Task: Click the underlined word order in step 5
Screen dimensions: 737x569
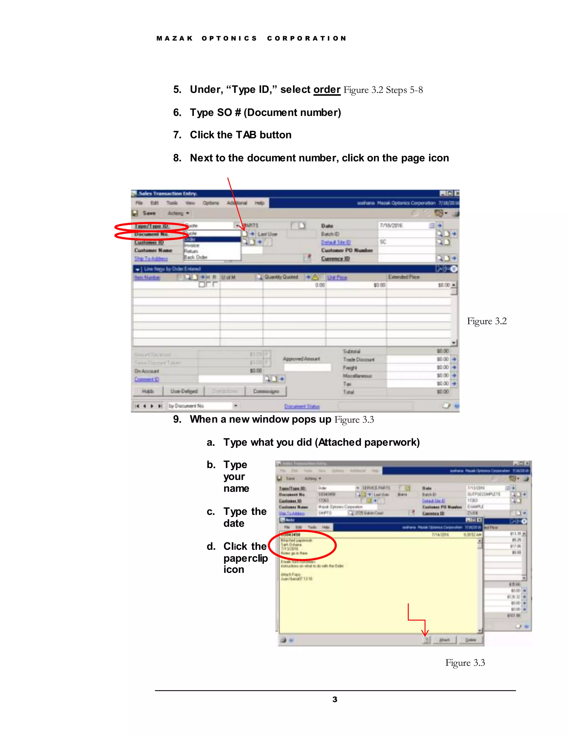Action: point(327,90)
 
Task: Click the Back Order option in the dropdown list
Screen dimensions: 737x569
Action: point(196,257)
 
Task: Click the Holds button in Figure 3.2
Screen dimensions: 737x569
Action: point(148,391)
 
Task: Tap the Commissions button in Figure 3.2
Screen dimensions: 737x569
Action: point(266,391)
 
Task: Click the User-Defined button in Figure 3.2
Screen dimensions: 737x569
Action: point(184,391)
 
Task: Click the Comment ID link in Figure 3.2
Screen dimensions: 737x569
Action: point(147,379)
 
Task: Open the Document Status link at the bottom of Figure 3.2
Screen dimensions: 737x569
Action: point(302,406)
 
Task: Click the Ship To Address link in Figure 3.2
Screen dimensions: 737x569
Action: point(151,258)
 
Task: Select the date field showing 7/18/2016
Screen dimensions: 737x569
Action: point(405,226)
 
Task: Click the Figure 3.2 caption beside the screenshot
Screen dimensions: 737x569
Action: point(486,321)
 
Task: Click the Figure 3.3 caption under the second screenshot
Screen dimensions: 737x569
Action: point(465,662)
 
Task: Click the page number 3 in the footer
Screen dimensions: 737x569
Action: point(335,699)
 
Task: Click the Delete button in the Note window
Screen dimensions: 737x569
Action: point(470,640)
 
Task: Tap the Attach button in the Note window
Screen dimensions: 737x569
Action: point(444,640)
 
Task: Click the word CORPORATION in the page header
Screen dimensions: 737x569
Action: point(307,38)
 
